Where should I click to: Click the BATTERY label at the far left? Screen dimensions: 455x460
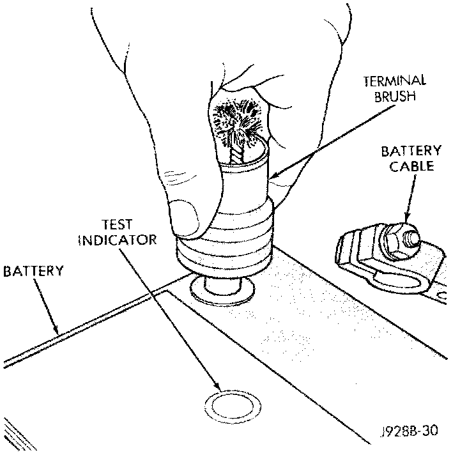[x=33, y=271]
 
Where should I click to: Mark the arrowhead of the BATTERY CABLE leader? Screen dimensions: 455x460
[x=406, y=221]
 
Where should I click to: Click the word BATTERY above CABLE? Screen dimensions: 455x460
[x=411, y=151]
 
